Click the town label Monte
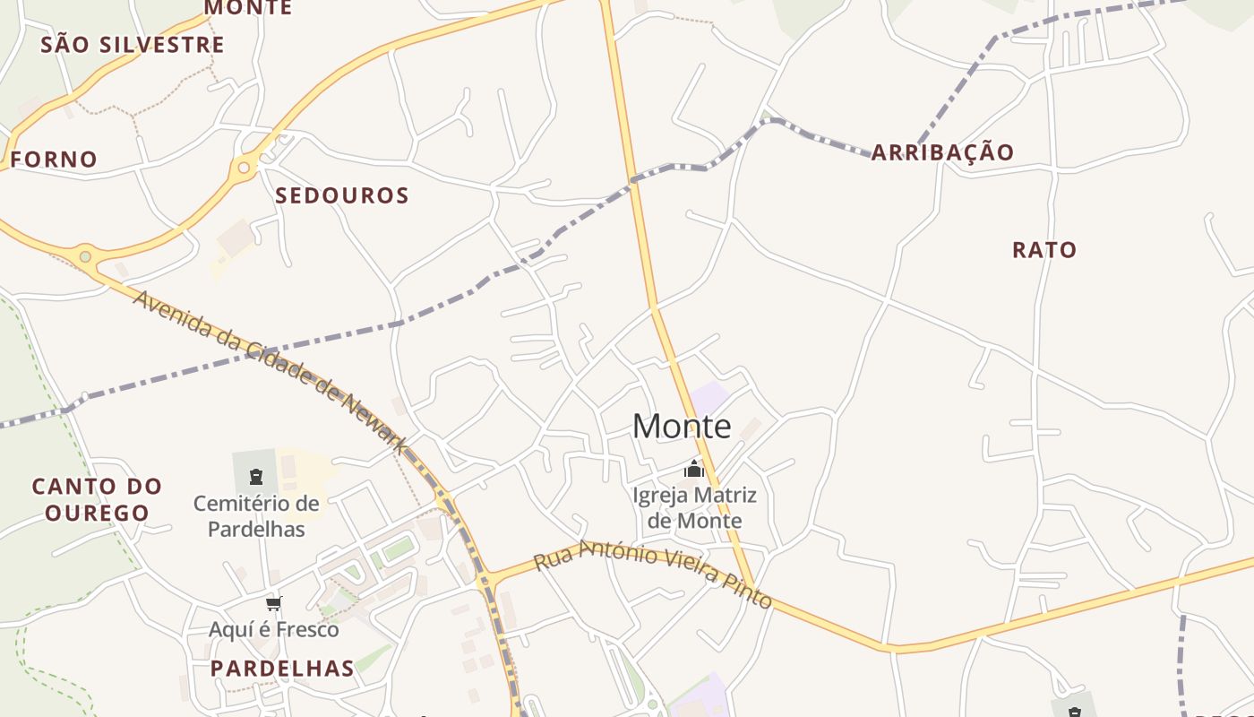[x=682, y=427]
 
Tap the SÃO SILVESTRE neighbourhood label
[x=133, y=44]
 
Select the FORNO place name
[x=54, y=160]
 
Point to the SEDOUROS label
[x=342, y=195]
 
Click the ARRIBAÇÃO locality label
[x=942, y=152]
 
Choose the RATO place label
[x=1044, y=250]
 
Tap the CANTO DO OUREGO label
[x=98, y=500]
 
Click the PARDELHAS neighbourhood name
[x=283, y=669]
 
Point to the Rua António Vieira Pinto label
[x=652, y=574]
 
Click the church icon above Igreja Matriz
[x=694, y=469]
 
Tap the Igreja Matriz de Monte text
[x=695, y=507]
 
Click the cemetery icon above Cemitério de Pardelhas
[x=256, y=476]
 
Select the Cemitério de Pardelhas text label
[x=256, y=516]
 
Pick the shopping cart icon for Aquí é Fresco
[x=273, y=603]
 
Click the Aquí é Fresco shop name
[x=274, y=629]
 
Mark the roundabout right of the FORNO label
[x=244, y=167]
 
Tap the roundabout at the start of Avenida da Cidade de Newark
[x=85, y=257]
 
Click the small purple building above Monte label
[x=709, y=397]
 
